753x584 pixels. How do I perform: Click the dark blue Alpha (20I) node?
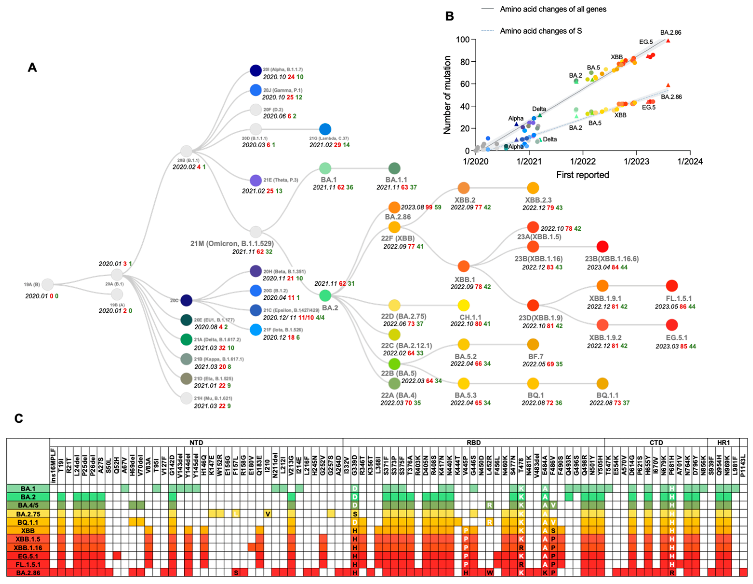(x=255, y=70)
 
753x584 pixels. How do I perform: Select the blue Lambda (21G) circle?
(x=325, y=129)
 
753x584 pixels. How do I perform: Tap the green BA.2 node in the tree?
(x=325, y=295)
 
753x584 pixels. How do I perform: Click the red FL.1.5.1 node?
(x=671, y=286)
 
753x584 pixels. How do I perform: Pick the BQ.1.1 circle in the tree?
(x=602, y=383)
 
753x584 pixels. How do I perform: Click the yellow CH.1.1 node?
(x=463, y=305)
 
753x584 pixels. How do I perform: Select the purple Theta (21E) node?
(x=255, y=180)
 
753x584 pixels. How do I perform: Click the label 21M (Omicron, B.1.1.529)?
(x=232, y=244)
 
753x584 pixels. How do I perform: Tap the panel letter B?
(x=450, y=16)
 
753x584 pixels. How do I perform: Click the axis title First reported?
(x=582, y=175)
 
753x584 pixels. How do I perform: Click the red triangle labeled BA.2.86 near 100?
(x=668, y=41)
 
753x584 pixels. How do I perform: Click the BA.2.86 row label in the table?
(x=28, y=573)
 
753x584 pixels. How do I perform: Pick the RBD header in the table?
(x=473, y=442)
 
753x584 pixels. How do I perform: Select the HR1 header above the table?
(x=723, y=442)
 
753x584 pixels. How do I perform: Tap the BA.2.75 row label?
(x=28, y=514)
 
